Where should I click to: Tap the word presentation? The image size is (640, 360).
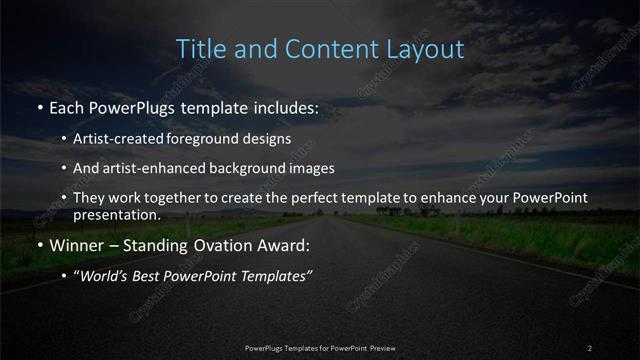116,214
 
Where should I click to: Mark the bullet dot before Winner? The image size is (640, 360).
40,246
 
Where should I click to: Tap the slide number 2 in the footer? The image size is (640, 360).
590,348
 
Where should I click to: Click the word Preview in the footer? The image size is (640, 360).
382,348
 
